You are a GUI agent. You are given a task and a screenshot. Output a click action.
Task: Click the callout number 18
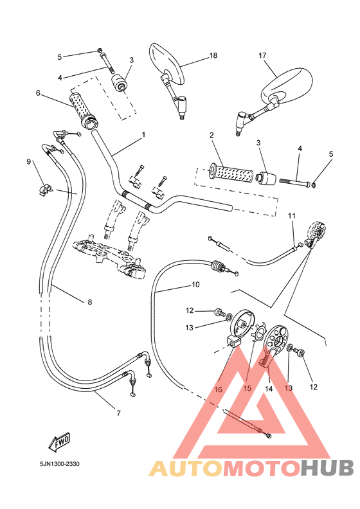tap(213, 57)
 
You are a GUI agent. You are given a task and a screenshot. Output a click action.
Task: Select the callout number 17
tap(262, 56)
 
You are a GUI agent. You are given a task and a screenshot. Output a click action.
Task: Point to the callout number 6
tap(39, 93)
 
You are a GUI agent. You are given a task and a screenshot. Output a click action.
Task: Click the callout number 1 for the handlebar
tap(143, 135)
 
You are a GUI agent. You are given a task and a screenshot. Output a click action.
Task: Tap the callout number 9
tap(29, 162)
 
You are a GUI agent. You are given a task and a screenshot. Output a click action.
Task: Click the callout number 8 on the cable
tap(89, 301)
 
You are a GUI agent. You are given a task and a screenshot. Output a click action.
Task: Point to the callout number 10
tap(195, 284)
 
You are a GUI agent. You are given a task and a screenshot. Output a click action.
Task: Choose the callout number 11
tap(291, 215)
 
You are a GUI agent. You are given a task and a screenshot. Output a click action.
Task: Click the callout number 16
tap(218, 389)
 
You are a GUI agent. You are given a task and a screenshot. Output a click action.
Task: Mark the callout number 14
tap(269, 389)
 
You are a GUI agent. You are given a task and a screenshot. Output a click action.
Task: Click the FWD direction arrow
tap(59, 442)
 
